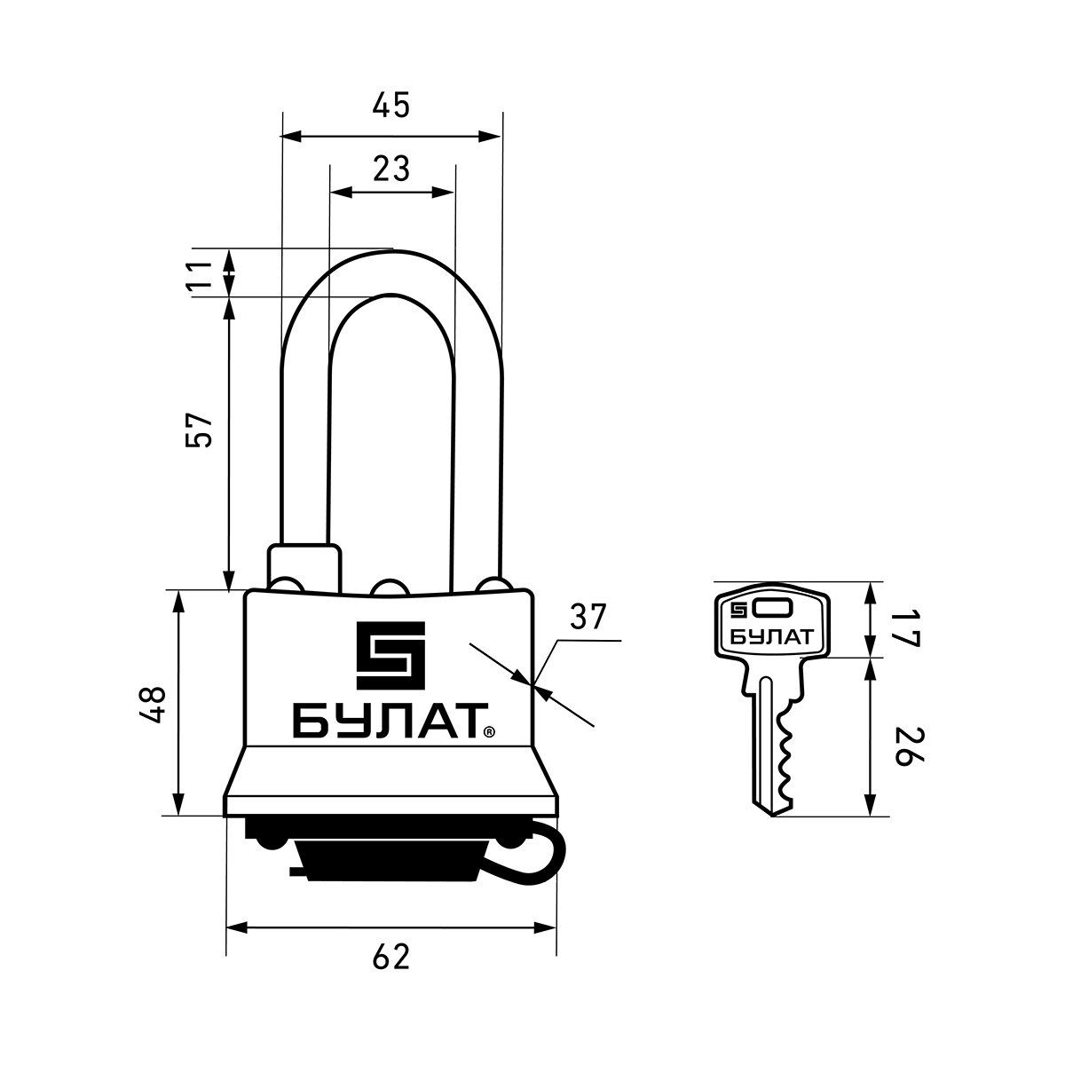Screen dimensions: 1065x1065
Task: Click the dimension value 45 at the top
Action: tap(390, 106)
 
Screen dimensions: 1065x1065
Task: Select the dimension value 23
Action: tap(391, 170)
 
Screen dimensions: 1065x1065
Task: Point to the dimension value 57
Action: tap(200, 430)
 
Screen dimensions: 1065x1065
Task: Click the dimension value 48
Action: tap(153, 706)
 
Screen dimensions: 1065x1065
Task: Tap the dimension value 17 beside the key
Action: tap(907, 628)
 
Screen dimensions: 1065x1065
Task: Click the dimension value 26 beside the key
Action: tap(907, 746)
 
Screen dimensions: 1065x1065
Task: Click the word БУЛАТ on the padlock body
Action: tap(388, 721)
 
